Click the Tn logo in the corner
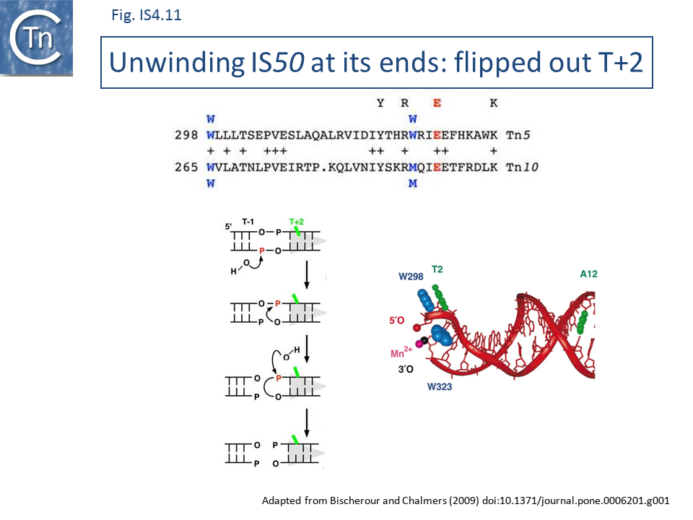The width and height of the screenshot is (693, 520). (36, 38)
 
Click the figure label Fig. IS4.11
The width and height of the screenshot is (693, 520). (147, 15)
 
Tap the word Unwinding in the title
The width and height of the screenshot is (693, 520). (176, 62)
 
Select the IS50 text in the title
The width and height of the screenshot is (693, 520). (277, 62)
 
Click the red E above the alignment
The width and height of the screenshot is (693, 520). (437, 103)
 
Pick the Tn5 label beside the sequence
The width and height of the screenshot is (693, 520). (518, 135)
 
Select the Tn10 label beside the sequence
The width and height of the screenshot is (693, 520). (522, 167)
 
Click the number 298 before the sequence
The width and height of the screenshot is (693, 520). (186, 135)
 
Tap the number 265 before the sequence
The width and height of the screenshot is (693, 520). (186, 167)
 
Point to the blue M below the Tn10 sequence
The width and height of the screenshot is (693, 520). (413, 183)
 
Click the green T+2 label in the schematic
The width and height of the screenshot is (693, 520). (296, 222)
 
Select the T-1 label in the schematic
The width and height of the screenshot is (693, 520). (248, 222)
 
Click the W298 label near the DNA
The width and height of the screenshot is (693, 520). (411, 277)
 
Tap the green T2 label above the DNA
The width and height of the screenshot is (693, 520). (437, 269)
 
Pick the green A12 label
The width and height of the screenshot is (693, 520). (589, 274)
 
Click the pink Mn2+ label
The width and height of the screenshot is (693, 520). (401, 352)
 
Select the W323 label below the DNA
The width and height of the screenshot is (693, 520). (440, 387)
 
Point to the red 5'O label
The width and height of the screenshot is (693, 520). (397, 320)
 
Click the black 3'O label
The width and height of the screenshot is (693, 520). (406, 369)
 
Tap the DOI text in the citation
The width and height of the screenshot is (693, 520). (576, 501)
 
